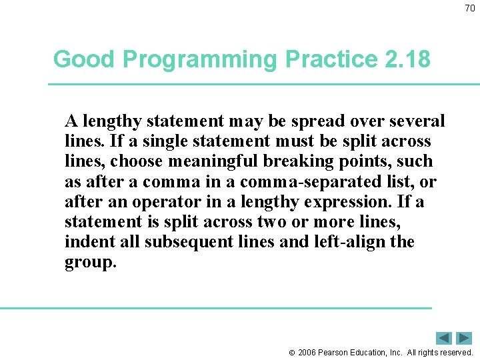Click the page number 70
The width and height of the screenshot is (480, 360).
pos(470,9)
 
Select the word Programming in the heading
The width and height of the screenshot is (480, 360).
pos(199,59)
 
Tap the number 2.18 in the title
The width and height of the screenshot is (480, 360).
pos(407,59)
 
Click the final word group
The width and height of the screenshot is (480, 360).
pos(90,262)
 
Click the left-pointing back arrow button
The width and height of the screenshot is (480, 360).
pos(444,338)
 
